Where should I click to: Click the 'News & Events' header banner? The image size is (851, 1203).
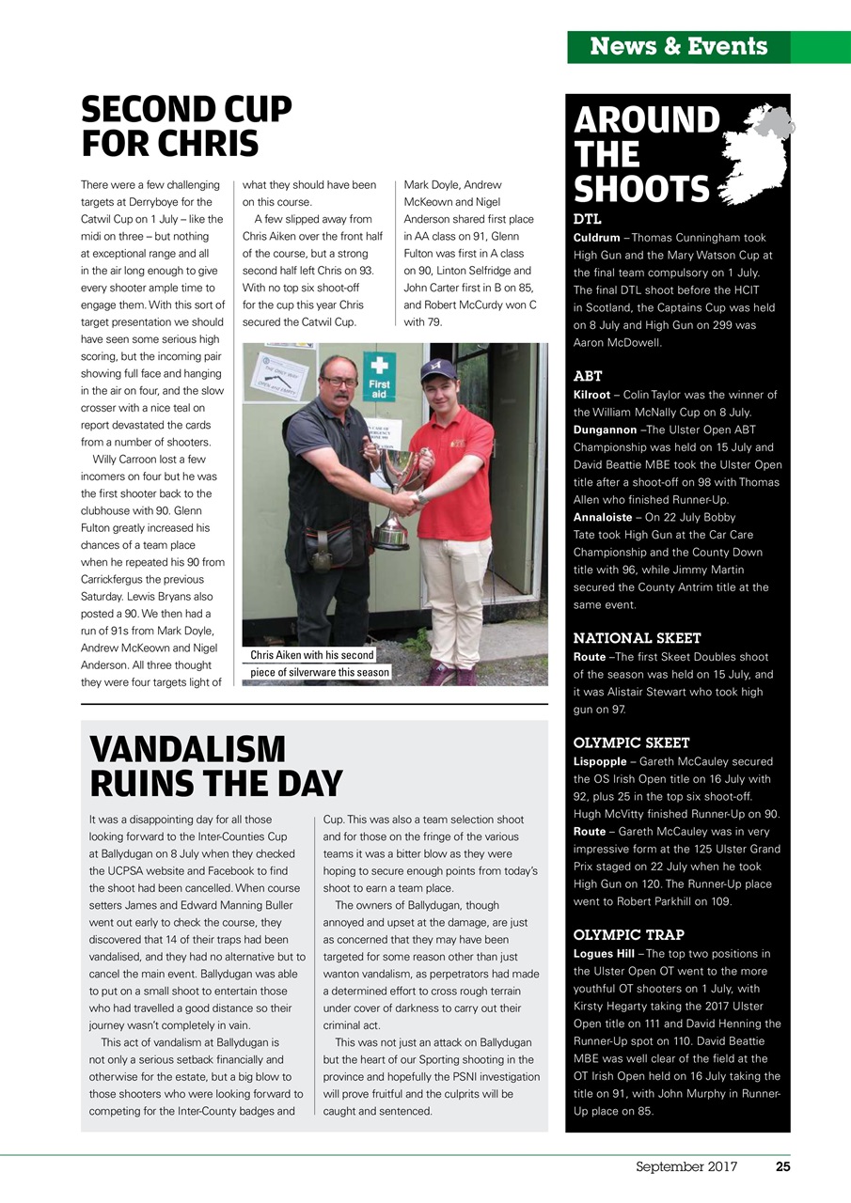pyautogui.click(x=678, y=47)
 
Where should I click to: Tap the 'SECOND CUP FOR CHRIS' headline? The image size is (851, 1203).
pyautogui.click(x=186, y=128)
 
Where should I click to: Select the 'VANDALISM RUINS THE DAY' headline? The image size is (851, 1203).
pyautogui.click(x=215, y=766)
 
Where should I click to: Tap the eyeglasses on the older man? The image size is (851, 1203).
pyautogui.click(x=338, y=381)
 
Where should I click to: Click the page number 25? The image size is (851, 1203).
pyautogui.click(x=781, y=1167)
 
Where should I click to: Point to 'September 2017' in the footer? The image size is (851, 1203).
pyautogui.click(x=686, y=1167)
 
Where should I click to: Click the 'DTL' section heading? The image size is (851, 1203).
pyautogui.click(x=587, y=220)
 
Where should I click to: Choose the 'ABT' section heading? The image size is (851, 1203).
pyautogui.click(x=588, y=376)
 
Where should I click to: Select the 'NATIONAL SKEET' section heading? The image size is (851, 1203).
pyautogui.click(x=637, y=638)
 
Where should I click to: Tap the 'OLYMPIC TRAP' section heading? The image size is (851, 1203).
pyautogui.click(x=628, y=934)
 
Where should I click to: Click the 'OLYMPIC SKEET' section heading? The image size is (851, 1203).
pyautogui.click(x=631, y=742)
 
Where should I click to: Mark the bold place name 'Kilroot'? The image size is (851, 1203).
pyautogui.click(x=591, y=395)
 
